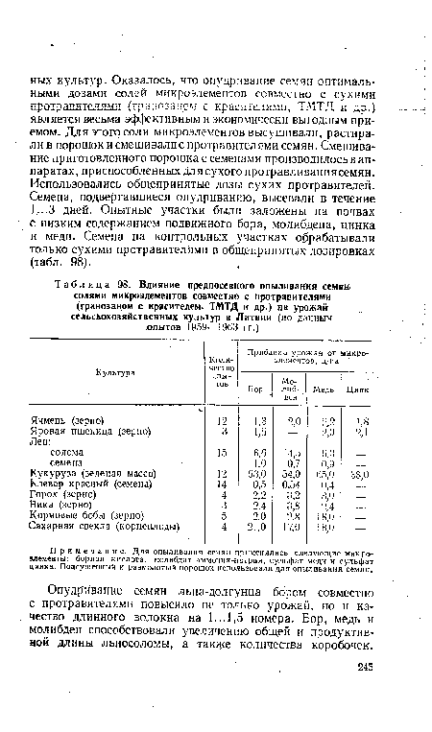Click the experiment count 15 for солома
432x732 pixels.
pyautogui.click(x=222, y=479)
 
